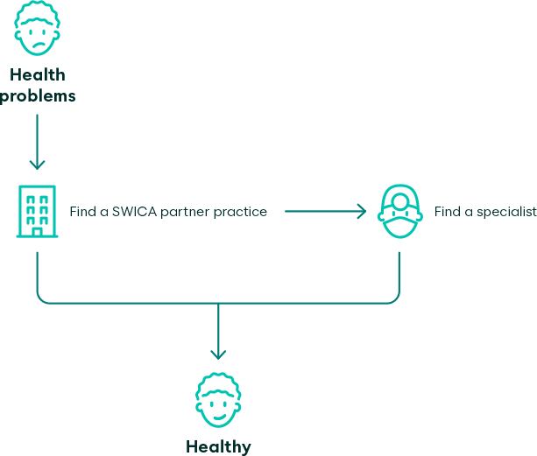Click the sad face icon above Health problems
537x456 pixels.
point(37,28)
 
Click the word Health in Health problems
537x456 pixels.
point(38,75)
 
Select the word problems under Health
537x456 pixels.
point(38,96)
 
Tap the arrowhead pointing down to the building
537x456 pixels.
point(37,165)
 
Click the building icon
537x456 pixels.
point(38,211)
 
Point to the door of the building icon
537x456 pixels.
point(37,232)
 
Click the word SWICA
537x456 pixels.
point(134,212)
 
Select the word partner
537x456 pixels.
point(185,213)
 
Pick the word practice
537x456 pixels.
point(240,212)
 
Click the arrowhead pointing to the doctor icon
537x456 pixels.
point(361,212)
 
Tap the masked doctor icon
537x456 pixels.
point(400,211)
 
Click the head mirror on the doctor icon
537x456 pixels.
point(400,201)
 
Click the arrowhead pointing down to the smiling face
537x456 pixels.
point(218,354)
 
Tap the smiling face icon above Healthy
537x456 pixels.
point(218,400)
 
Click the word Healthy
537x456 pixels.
point(218,447)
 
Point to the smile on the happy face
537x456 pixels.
point(218,417)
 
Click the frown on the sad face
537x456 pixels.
point(38,45)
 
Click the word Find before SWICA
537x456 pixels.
point(83,212)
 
